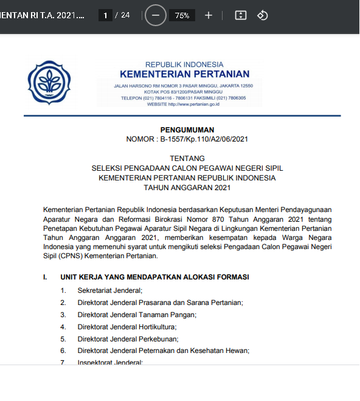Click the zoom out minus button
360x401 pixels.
156,15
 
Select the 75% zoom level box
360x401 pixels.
182,16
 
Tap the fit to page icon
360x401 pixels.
241,15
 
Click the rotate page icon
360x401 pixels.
263,15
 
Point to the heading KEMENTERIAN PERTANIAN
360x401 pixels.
184,75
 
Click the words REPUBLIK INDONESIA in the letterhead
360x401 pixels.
184,64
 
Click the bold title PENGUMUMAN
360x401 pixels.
187,129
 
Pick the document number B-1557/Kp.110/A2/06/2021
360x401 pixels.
204,139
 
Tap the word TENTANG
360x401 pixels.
187,159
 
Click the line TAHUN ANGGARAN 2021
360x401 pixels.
187,187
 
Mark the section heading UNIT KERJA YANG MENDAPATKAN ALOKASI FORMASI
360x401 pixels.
154,277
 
